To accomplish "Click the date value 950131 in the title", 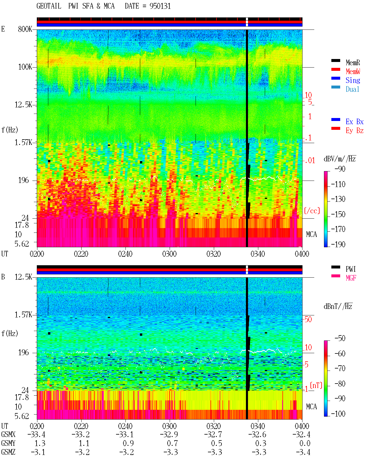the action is [160, 6].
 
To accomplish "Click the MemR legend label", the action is [353, 63].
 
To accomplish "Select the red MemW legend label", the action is [353, 71].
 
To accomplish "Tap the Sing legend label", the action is [353, 80].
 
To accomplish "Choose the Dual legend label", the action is [352, 89].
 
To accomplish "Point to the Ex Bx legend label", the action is [354, 122].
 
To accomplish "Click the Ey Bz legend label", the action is [354, 131].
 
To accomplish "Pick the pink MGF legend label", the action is [351, 278].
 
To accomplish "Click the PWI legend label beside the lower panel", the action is [350, 269].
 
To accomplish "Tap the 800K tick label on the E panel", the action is [25, 29].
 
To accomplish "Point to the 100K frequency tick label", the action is [25, 67].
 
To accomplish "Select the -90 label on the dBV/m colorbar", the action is [340, 169].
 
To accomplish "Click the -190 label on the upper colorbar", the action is [338, 244].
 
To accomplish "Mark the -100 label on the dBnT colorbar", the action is [338, 414].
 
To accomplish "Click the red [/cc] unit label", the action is [312, 211].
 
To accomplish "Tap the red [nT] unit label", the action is [316, 385].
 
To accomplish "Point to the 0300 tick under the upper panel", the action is [169, 254].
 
